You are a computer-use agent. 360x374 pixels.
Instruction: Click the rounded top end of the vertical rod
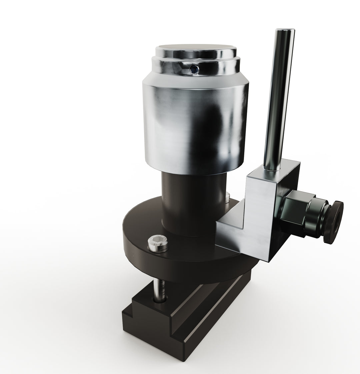tap(285, 32)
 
